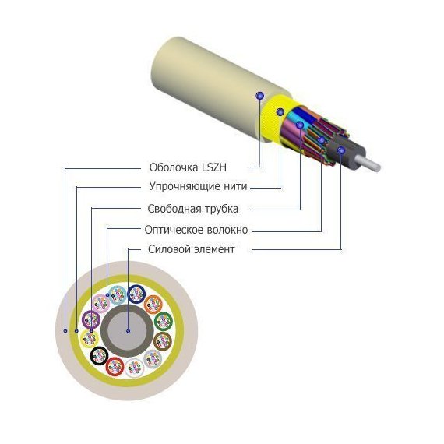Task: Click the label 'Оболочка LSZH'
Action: point(188,167)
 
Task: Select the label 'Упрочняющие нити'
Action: point(198,186)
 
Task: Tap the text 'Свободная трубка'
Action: point(193,209)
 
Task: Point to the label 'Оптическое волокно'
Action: point(196,230)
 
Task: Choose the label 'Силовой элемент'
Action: point(192,249)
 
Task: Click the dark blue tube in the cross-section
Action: point(136,294)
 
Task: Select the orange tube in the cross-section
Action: point(153,305)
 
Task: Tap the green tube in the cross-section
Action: point(164,322)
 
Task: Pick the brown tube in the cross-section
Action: point(163,341)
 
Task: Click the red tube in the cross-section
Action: point(115,366)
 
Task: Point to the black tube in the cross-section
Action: point(99,356)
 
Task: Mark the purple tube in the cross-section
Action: point(91,319)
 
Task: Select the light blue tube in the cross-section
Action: point(118,295)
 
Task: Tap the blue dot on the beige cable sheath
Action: point(259,96)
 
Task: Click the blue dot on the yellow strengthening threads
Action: point(280,112)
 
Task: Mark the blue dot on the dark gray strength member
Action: point(341,150)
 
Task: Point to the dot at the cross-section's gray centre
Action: point(128,330)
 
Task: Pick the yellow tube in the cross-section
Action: point(90,339)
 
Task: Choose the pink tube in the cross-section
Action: point(101,304)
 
